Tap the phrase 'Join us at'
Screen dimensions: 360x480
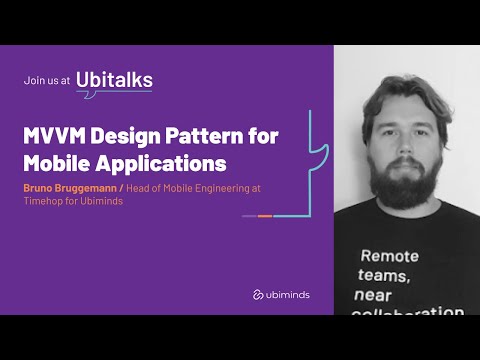[x=47, y=83]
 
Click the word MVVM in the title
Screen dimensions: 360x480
[x=55, y=136]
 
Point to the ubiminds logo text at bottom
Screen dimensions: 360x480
[x=290, y=294]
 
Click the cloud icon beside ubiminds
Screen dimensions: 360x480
[x=258, y=294]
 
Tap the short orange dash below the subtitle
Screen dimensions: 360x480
[x=265, y=216]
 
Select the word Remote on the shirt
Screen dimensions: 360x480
[x=390, y=256]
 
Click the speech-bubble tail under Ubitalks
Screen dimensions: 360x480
[x=82, y=96]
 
